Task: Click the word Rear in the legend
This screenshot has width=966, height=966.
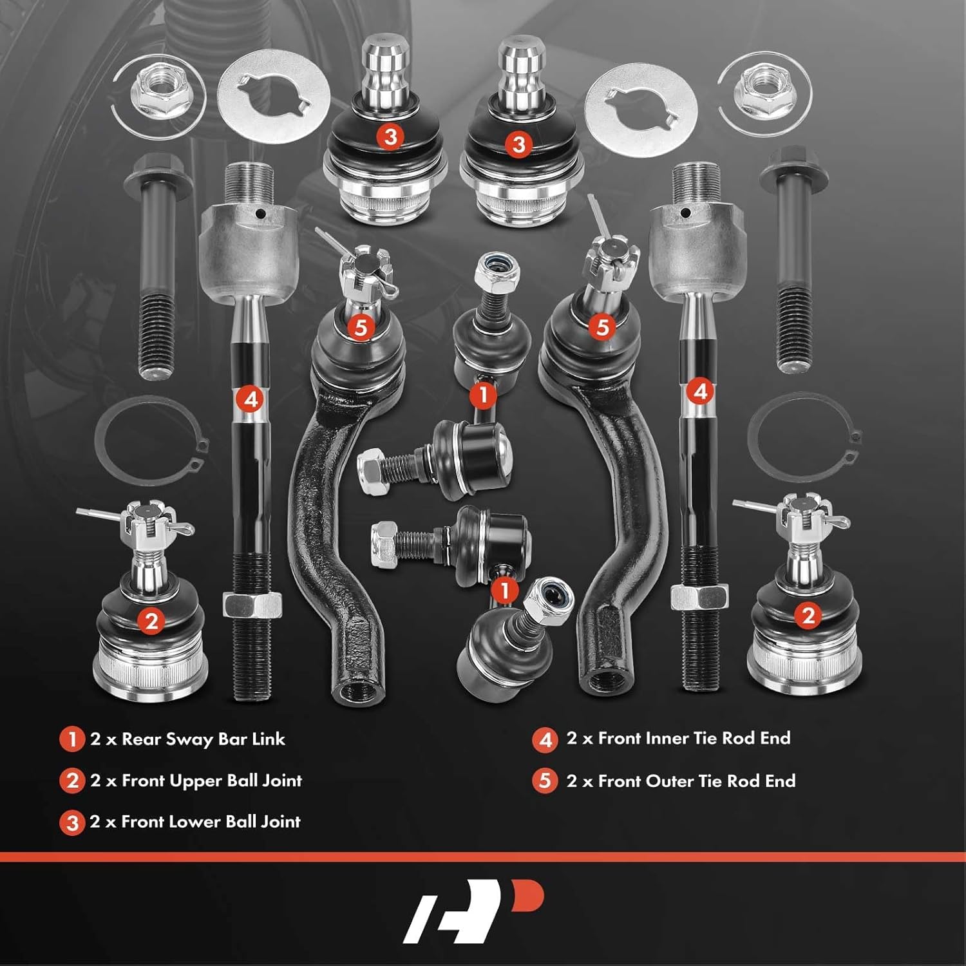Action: click(x=139, y=739)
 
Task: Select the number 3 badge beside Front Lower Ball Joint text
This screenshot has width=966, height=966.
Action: click(x=71, y=822)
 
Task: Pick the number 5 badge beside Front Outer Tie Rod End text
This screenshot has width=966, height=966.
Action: click(x=545, y=781)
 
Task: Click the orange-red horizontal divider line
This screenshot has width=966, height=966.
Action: click(x=483, y=857)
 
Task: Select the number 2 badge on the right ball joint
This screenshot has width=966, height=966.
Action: click(x=808, y=616)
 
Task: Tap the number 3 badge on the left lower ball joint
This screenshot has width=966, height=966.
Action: click(x=390, y=137)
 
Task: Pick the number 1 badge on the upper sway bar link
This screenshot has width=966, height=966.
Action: click(x=483, y=394)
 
